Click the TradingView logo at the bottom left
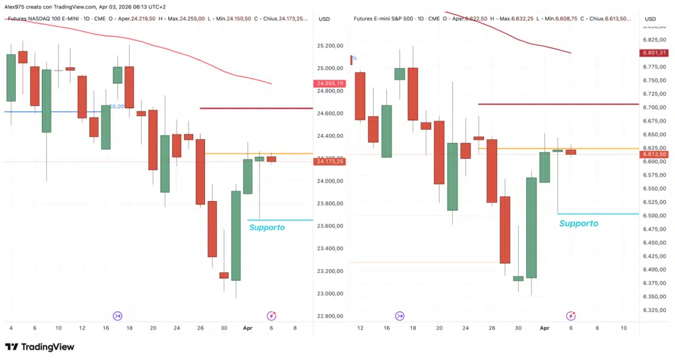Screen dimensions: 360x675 pos(40,347)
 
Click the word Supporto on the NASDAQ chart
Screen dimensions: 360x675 pos(267,227)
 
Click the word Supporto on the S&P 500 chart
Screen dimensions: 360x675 pos(579,224)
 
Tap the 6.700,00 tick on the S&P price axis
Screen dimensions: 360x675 pos(653,107)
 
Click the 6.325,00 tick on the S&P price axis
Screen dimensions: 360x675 pos(653,310)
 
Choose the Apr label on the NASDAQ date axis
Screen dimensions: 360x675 pos(247,328)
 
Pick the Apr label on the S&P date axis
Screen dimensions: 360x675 pos(544,328)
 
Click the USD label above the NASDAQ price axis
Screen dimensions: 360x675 pos(324,18)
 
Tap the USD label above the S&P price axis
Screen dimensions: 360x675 pos(651,18)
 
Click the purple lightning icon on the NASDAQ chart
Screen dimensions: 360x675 pos(270,316)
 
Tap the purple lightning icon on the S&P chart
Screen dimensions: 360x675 pos(571,316)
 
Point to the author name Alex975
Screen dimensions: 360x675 pos(15,6)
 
